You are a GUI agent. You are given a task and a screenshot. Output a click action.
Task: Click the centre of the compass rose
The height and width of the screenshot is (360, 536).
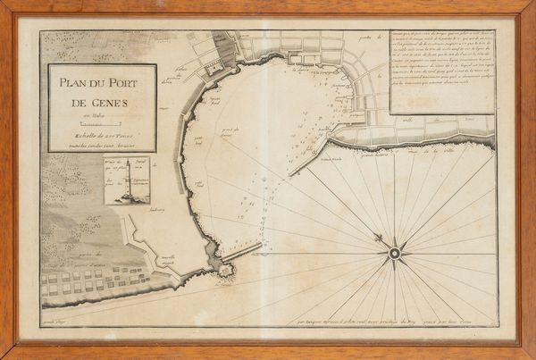point(394,253)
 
